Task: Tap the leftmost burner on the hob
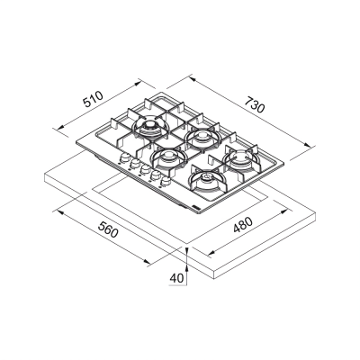[147, 126]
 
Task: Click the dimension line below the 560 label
[103, 238]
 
